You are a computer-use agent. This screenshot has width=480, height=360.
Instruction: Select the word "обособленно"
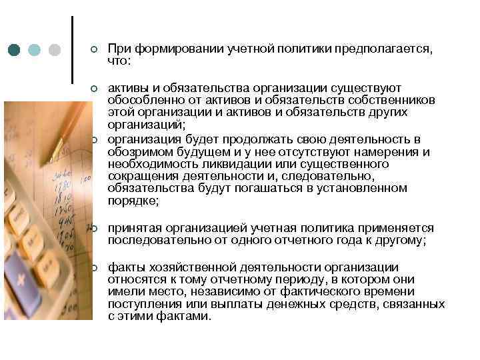tap(142, 99)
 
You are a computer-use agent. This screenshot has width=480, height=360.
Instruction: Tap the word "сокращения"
tap(138, 176)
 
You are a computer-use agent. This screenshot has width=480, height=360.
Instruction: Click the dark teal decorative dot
tap(15, 50)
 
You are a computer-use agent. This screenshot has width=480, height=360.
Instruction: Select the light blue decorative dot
tap(35, 50)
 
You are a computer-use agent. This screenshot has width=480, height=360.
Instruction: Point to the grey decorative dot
tap(55, 50)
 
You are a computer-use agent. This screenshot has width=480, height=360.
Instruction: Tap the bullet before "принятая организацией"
tap(94, 229)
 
